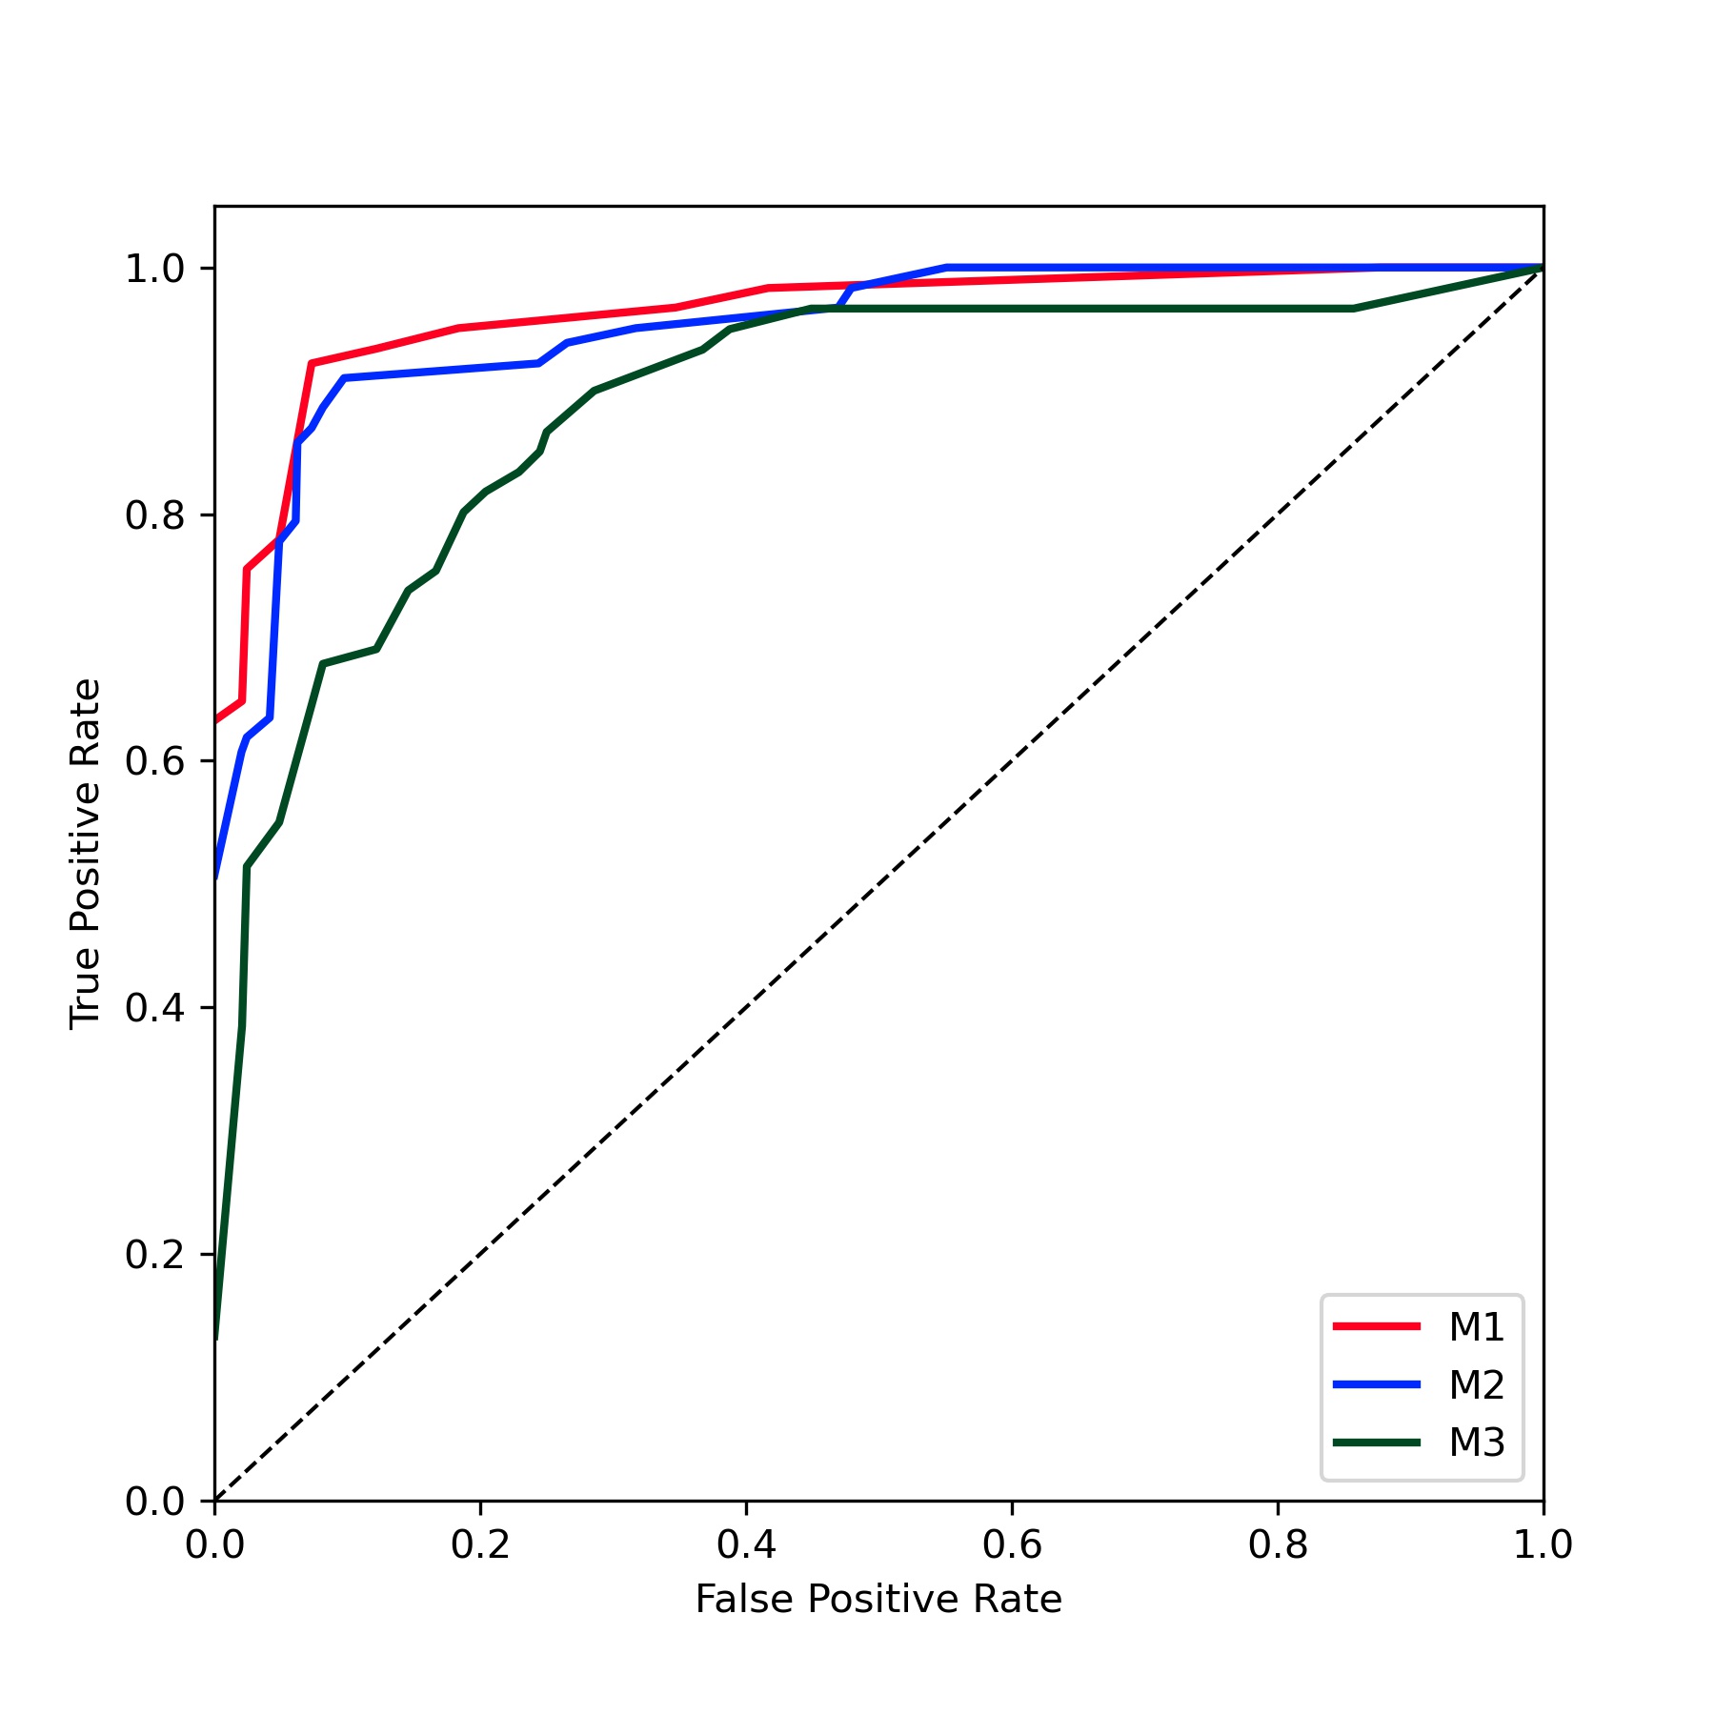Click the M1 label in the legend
coord(1476,1327)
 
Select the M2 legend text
coord(1476,1385)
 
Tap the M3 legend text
coord(1476,1443)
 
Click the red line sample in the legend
coord(1377,1326)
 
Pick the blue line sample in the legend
coord(1377,1384)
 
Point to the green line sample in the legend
coord(1377,1443)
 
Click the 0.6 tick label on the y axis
coord(154,762)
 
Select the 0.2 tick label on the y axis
coord(154,1255)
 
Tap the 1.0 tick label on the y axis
coord(154,270)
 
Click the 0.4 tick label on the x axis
coord(746,1545)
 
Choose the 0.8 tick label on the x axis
coord(1278,1545)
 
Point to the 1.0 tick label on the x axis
coord(1543,1545)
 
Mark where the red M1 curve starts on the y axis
coord(216,720)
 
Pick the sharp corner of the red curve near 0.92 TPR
coord(312,363)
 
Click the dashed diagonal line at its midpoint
coord(879,885)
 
